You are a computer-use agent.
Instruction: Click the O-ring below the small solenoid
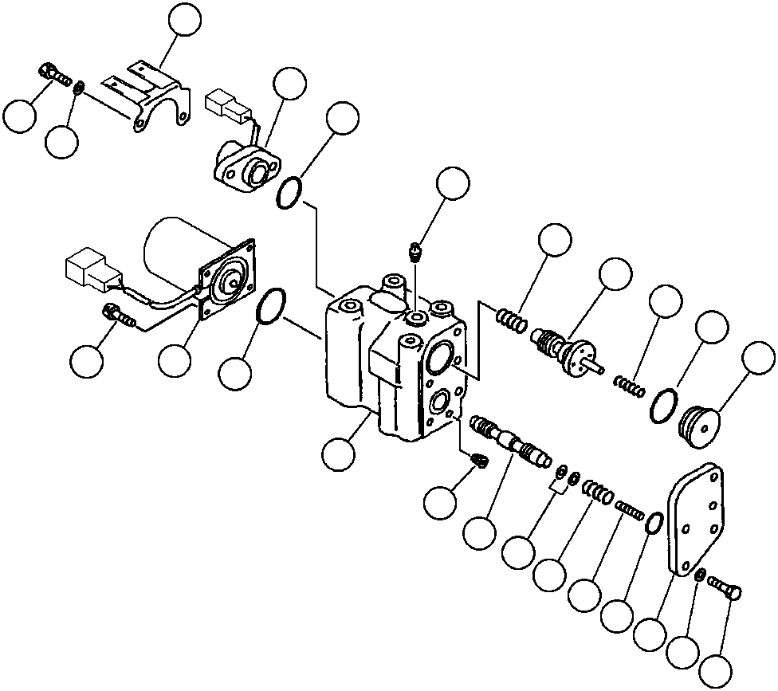(x=289, y=194)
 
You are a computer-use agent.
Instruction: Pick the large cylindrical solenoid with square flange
(x=191, y=263)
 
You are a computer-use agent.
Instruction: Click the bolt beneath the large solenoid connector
(x=117, y=316)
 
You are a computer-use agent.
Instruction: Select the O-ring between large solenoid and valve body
(x=271, y=307)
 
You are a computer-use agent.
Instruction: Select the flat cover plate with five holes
(x=696, y=518)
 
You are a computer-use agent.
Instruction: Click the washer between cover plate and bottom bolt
(x=699, y=577)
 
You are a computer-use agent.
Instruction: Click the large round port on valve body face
(x=439, y=359)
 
